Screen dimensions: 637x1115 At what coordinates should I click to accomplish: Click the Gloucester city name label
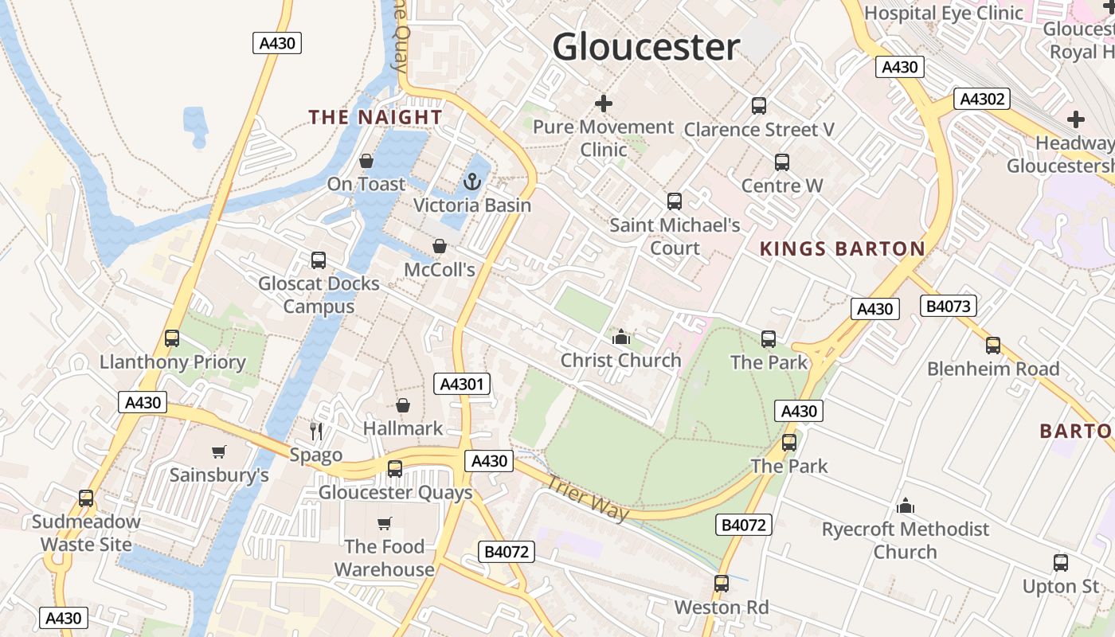click(x=646, y=47)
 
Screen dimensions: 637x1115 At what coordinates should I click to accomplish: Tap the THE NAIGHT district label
click(x=375, y=117)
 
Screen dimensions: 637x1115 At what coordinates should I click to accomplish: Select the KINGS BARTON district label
click(x=843, y=249)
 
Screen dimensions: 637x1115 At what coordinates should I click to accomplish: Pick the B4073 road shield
click(x=948, y=306)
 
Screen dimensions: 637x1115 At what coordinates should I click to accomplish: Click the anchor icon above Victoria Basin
click(x=472, y=182)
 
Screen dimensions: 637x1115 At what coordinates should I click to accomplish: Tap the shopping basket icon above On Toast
click(x=366, y=161)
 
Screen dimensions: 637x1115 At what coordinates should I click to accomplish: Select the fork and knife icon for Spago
click(x=316, y=432)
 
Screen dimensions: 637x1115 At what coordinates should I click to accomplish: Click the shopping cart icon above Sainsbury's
click(x=219, y=452)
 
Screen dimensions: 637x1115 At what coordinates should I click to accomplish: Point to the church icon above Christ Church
click(x=621, y=337)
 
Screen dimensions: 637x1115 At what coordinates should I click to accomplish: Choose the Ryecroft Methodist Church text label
click(x=906, y=541)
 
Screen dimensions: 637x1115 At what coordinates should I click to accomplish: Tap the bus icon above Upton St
click(x=1061, y=563)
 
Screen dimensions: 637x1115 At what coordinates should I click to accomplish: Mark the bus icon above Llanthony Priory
click(x=172, y=338)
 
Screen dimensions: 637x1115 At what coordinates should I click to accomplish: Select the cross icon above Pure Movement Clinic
click(x=604, y=104)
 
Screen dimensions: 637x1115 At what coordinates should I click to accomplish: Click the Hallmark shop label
click(x=403, y=428)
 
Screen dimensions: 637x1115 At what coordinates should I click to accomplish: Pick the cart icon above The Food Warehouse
click(x=385, y=523)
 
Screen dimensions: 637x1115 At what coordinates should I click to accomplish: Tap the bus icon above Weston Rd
click(x=722, y=584)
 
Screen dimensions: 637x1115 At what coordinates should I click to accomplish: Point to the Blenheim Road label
click(x=993, y=369)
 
